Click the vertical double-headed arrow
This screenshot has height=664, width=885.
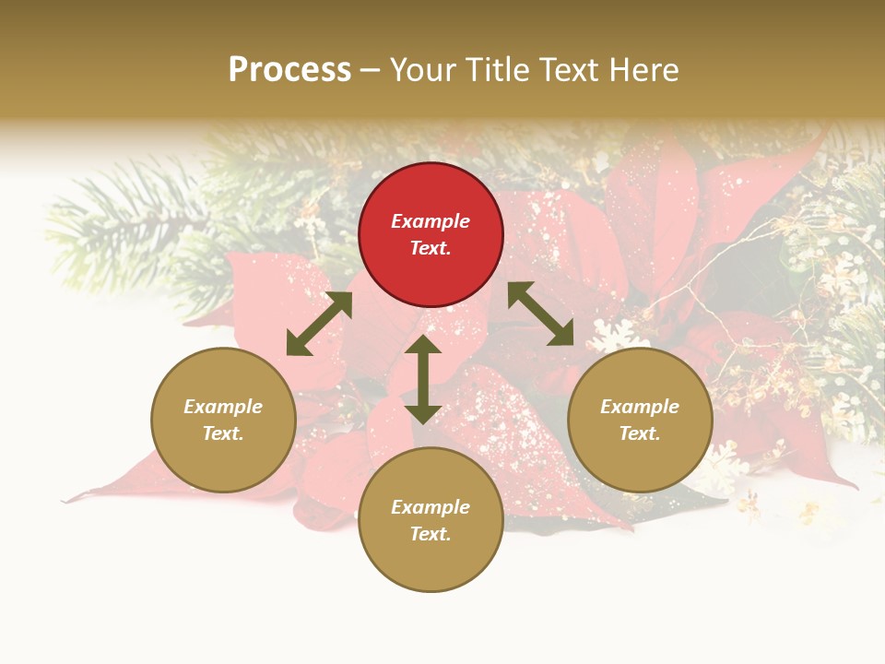(x=423, y=379)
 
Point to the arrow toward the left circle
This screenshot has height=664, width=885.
(x=319, y=324)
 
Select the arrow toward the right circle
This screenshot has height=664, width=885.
(x=541, y=314)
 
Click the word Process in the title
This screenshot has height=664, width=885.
(x=289, y=69)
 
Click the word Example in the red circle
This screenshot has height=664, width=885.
(x=431, y=221)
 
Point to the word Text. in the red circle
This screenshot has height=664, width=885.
(x=431, y=248)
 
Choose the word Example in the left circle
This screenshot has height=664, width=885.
(x=223, y=407)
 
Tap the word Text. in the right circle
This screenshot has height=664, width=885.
(x=640, y=433)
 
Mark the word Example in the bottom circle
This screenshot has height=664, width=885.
(x=431, y=507)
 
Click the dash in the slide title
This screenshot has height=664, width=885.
(x=371, y=70)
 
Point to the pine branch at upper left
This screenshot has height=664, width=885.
(x=120, y=221)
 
